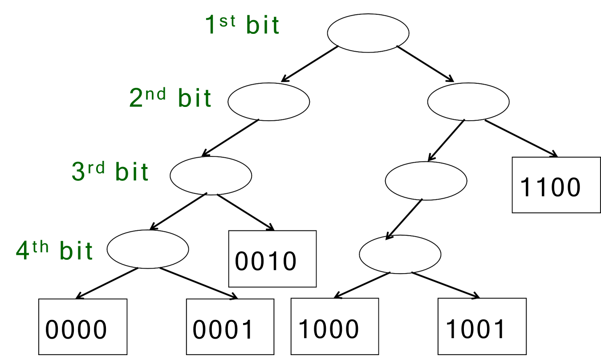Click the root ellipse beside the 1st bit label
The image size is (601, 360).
pos(368,33)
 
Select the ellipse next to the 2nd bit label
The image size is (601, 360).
pos(268,101)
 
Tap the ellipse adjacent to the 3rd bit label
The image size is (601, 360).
pos(211,175)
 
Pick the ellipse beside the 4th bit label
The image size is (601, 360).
pos(148,249)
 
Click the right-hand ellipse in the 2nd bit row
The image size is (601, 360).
pos(468,102)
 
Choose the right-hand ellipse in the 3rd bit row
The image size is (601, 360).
pos(426,180)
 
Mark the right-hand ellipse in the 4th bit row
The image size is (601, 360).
pos(400,254)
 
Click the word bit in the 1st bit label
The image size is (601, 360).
pos(263,26)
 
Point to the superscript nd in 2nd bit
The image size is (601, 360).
pos(155,94)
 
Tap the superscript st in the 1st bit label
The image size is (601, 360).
pos(227,21)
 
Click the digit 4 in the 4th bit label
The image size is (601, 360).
pos(22,251)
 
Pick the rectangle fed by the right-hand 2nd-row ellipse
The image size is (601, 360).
pos(556,184)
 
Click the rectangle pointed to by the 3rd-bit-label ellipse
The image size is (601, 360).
pos(272,258)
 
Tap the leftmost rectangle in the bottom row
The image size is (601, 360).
pos(83,327)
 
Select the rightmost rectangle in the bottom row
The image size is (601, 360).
pos(482,326)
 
